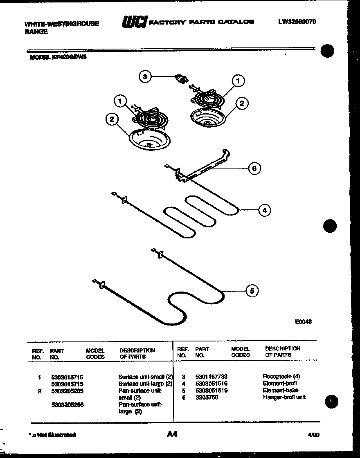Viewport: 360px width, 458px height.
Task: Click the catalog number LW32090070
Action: tap(297, 22)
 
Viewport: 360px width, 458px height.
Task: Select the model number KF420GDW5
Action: tap(58, 58)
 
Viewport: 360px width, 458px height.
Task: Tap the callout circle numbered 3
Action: tap(145, 76)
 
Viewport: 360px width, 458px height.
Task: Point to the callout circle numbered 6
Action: tap(254, 168)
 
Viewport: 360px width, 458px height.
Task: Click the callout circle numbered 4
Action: tap(264, 211)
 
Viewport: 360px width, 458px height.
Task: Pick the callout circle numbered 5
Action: tap(252, 291)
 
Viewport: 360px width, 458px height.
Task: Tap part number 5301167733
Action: tap(211, 376)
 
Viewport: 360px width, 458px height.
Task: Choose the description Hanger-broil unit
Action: tap(284, 397)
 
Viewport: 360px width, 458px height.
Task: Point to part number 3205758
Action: tap(207, 397)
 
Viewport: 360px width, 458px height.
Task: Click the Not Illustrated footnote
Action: tap(52, 435)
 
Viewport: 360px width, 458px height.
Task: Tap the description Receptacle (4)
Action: tap(281, 376)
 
